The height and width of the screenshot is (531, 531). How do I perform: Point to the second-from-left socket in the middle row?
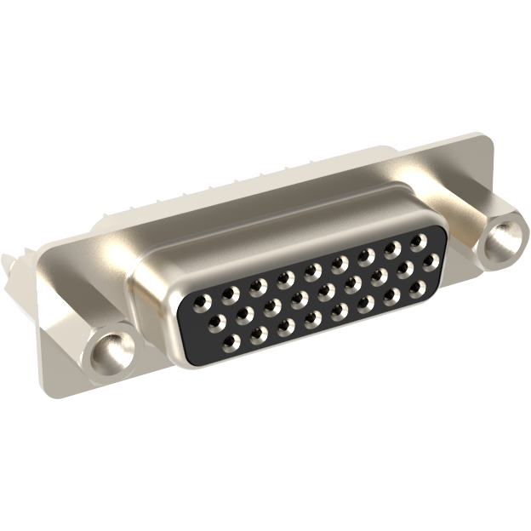click(244, 314)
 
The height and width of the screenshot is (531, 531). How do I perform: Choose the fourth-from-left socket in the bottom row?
click(311, 320)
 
